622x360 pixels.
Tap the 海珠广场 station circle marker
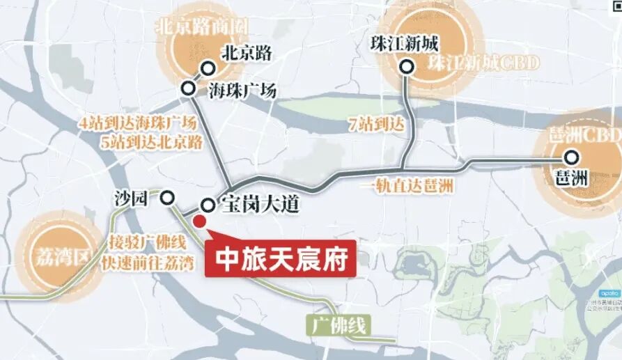pyautogui.click(x=188, y=88)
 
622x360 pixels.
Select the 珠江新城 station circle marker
pyautogui.click(x=407, y=68)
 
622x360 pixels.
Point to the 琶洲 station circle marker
pyautogui.click(x=572, y=157)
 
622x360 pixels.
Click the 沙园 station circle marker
pyautogui.click(x=167, y=198)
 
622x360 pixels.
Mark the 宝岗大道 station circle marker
pyautogui.click(x=208, y=205)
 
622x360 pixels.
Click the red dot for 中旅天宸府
pyautogui.click(x=199, y=221)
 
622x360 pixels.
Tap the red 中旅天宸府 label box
pyautogui.click(x=281, y=259)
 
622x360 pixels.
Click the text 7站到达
pyautogui.click(x=375, y=125)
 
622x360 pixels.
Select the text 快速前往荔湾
pyautogui.click(x=137, y=264)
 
